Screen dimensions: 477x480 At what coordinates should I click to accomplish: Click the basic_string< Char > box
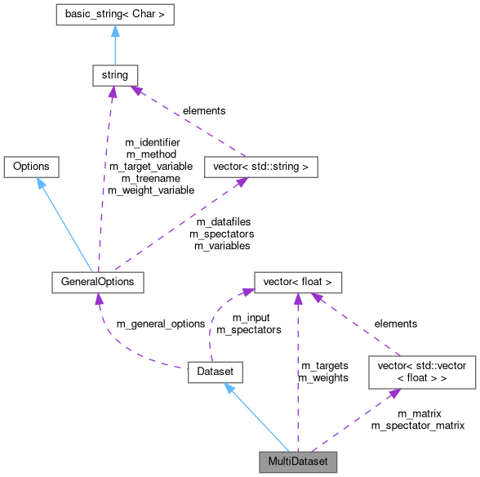(x=114, y=14)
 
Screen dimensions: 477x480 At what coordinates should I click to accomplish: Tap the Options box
(x=31, y=166)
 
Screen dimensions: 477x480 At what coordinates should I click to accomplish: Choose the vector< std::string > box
(x=260, y=167)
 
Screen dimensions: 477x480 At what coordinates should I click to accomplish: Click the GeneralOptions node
(x=97, y=282)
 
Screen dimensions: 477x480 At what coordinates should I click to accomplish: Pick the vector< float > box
(x=297, y=282)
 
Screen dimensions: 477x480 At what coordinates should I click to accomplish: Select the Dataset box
(x=216, y=372)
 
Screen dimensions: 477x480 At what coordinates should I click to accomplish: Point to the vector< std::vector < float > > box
(x=421, y=372)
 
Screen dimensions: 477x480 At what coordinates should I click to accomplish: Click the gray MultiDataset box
(x=297, y=461)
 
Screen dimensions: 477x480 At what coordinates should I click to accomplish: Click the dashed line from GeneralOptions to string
(x=104, y=180)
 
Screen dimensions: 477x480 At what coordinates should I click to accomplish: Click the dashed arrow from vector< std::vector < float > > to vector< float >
(x=359, y=327)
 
